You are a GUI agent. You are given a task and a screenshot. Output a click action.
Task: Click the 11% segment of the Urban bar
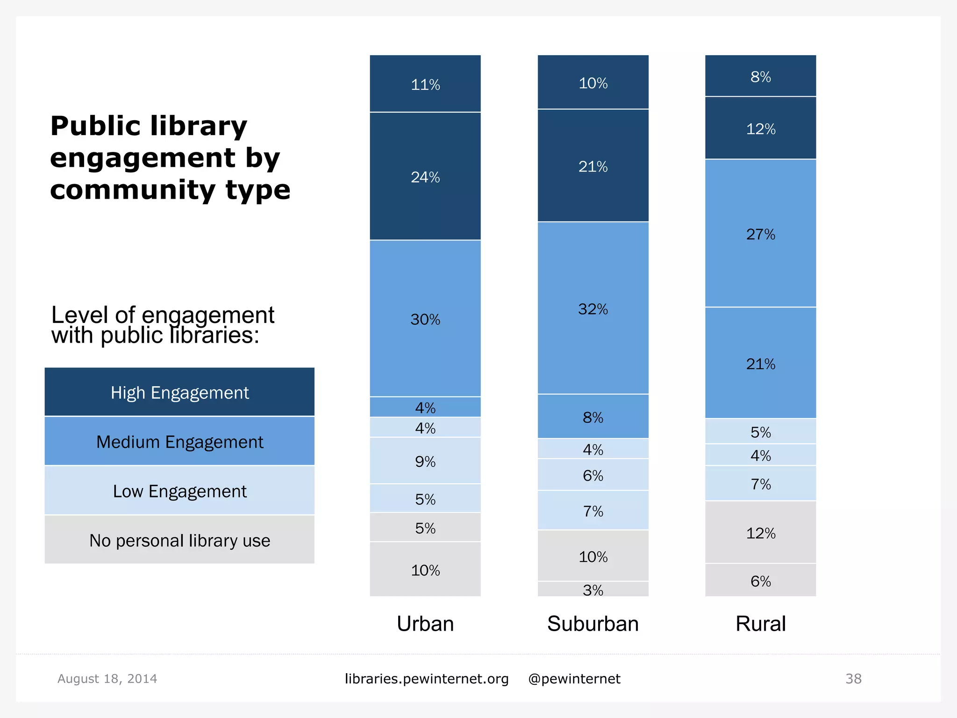pyautogui.click(x=425, y=84)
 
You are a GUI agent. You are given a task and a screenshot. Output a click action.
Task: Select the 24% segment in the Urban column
pyautogui.click(x=425, y=177)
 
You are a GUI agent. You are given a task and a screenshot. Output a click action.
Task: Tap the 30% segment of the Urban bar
pyautogui.click(x=425, y=319)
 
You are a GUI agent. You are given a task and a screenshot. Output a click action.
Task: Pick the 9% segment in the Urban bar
pyautogui.click(x=425, y=461)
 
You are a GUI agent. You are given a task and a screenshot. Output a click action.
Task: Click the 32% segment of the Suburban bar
pyautogui.click(x=593, y=309)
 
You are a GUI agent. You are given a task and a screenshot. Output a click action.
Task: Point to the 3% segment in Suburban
pyautogui.click(x=593, y=589)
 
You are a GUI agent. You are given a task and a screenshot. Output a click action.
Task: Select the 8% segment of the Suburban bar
pyautogui.click(x=593, y=416)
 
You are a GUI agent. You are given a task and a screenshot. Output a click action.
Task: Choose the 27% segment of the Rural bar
pyautogui.click(x=760, y=234)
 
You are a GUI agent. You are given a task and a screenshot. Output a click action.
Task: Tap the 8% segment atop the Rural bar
pyautogui.click(x=760, y=76)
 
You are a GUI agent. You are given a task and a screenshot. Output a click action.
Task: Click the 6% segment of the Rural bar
pyautogui.click(x=760, y=581)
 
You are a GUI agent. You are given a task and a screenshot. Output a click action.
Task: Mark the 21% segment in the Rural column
pyautogui.click(x=760, y=363)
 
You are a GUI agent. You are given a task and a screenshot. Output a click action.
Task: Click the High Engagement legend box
pyautogui.click(x=179, y=392)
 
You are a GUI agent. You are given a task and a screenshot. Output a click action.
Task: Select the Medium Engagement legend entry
pyautogui.click(x=179, y=441)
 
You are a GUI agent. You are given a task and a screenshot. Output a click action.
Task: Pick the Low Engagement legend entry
pyautogui.click(x=179, y=491)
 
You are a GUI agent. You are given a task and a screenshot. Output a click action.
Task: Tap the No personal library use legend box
pyautogui.click(x=179, y=540)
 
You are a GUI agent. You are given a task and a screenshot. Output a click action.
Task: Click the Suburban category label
pyautogui.click(x=593, y=624)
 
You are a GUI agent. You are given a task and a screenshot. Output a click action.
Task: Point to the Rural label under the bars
pyautogui.click(x=760, y=624)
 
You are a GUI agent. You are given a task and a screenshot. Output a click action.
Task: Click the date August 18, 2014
pyautogui.click(x=107, y=678)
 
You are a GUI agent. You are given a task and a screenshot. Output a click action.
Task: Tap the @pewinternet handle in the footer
pyautogui.click(x=574, y=678)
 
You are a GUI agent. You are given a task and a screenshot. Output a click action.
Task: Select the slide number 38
pyautogui.click(x=853, y=678)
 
